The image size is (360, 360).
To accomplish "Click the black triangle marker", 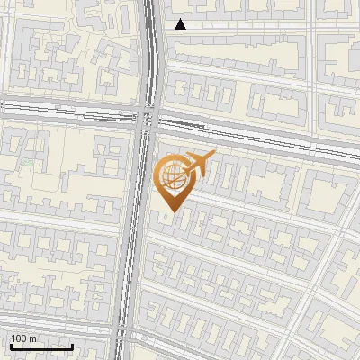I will [181, 25].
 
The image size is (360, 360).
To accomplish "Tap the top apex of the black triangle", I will [181, 20].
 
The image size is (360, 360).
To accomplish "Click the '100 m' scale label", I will [22, 338].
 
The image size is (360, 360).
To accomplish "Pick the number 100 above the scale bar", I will [19, 338].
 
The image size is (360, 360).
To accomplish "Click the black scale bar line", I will [40, 346].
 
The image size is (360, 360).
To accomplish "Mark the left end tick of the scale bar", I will [9, 345].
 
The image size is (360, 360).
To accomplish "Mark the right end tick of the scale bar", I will [73, 345].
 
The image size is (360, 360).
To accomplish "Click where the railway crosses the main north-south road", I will [148, 117].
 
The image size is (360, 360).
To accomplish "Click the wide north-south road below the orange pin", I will [135, 270].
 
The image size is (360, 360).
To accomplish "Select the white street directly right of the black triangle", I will [252, 27].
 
